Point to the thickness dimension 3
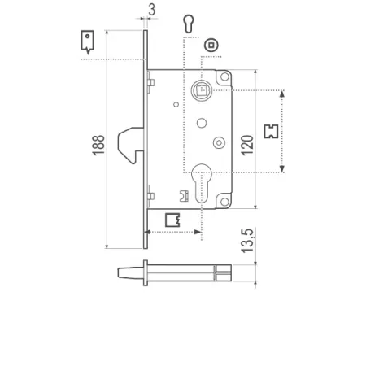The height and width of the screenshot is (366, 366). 152,11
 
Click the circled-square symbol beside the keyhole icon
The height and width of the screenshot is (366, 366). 211,45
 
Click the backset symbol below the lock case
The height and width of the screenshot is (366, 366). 172,219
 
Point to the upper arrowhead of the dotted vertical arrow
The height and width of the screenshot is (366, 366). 282,94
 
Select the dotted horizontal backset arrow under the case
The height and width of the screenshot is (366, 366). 174,233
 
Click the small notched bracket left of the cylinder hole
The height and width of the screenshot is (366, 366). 184,196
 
